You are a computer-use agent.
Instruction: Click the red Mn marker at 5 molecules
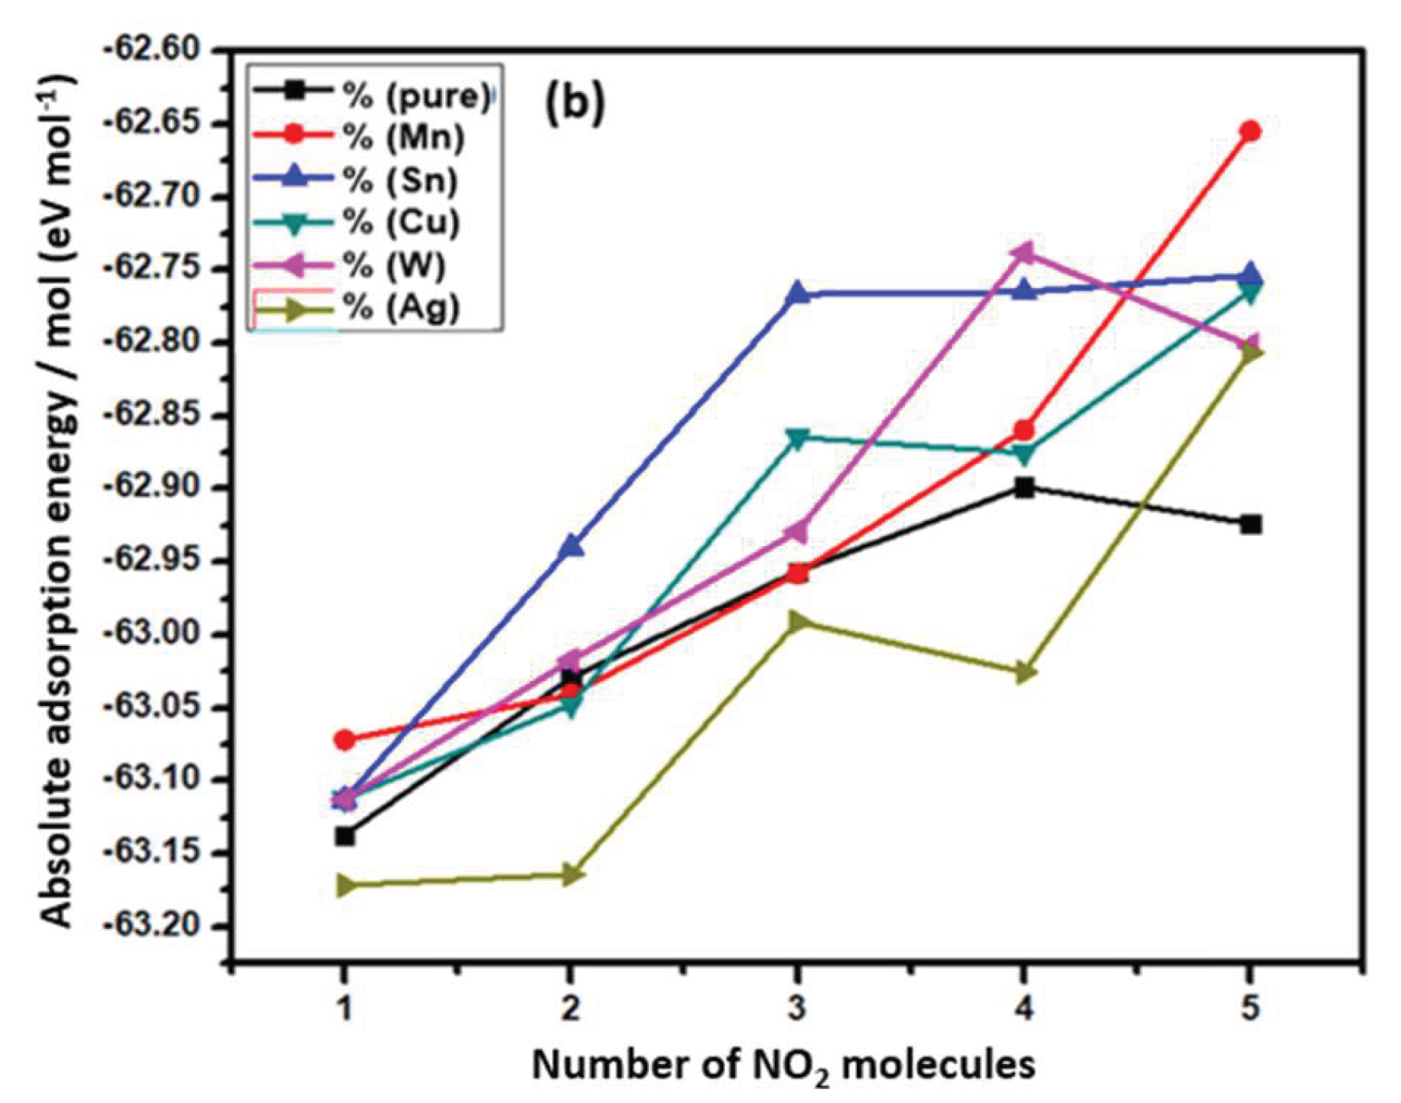pyautogui.click(x=1250, y=130)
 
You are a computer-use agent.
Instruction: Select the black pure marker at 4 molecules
pyautogui.click(x=1024, y=488)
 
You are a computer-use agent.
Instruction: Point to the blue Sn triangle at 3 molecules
pyautogui.click(x=798, y=293)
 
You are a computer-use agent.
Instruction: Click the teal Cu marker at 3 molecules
pyautogui.click(x=798, y=438)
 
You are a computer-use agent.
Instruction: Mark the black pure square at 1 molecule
pyautogui.click(x=345, y=836)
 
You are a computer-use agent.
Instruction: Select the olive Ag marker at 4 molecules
pyautogui.click(x=1024, y=672)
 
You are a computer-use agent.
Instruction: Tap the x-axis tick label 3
pyautogui.click(x=797, y=1009)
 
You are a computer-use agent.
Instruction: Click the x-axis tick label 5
pyautogui.click(x=1250, y=1009)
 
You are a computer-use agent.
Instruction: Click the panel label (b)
pyautogui.click(x=573, y=104)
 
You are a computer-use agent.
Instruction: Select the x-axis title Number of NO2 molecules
pyautogui.click(x=784, y=1065)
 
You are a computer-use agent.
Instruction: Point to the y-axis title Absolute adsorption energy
pyautogui.click(x=58, y=499)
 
